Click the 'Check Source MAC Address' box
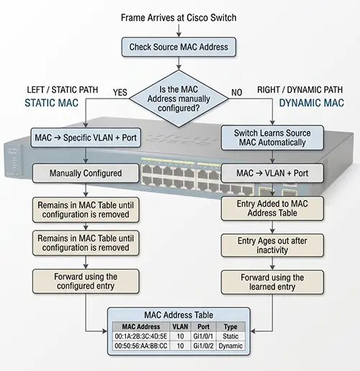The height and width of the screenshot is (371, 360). [179, 47]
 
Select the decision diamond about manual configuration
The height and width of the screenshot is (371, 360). [179, 99]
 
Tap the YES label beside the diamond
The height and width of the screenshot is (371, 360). [120, 92]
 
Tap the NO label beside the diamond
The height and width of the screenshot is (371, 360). [237, 92]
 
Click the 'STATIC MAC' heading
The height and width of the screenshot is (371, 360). [52, 103]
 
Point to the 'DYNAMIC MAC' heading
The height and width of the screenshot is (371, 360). [312, 103]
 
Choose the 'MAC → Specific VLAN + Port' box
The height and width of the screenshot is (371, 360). [86, 138]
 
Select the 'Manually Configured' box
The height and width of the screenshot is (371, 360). [86, 173]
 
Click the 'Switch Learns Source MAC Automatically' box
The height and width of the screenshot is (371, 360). [272, 138]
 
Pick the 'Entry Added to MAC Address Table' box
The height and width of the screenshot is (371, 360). [272, 208]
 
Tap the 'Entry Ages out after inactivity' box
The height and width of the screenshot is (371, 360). [272, 246]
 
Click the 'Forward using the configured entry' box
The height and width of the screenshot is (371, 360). [86, 282]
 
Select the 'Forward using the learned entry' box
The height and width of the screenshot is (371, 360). [272, 282]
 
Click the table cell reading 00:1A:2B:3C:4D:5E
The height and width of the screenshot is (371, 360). [141, 336]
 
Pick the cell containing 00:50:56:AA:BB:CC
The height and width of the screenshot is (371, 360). [141, 346]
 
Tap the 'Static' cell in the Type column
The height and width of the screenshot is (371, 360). [230, 336]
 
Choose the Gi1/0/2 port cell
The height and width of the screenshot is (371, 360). [204, 346]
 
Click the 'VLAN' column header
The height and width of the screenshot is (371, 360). [180, 326]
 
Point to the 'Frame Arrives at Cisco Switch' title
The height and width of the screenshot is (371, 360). [179, 18]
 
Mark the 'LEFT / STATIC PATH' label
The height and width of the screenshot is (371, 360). [63, 90]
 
